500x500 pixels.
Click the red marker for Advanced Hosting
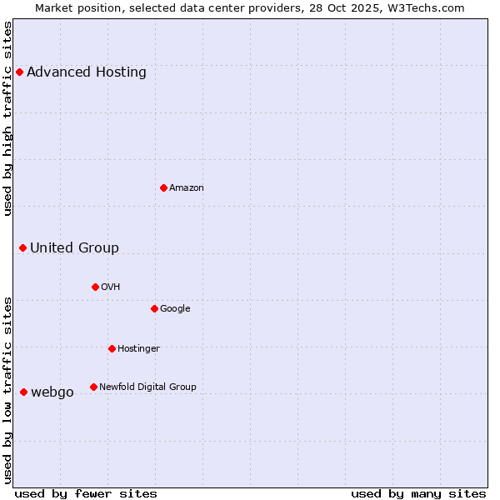(19, 72)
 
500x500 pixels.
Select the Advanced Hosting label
(87, 72)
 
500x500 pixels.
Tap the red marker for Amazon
(163, 187)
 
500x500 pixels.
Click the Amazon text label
(187, 188)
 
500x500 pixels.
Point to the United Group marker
(23, 247)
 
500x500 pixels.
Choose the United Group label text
(75, 247)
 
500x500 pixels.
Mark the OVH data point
(95, 287)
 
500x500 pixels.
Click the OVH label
(111, 287)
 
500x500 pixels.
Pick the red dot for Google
(154, 308)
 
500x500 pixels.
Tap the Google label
(175, 309)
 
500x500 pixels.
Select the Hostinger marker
(112, 348)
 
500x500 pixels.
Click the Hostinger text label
(138, 348)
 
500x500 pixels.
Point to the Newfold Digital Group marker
(93, 387)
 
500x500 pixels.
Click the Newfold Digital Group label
(147, 387)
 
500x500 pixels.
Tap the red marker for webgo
(23, 392)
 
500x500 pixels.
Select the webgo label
(52, 392)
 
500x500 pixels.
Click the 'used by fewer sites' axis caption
(86, 493)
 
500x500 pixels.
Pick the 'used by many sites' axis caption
(418, 493)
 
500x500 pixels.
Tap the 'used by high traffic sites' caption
(8, 118)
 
